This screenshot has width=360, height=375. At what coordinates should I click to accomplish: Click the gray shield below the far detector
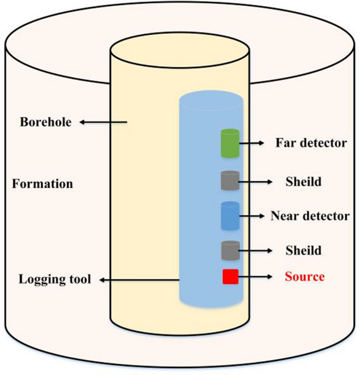pos(230,181)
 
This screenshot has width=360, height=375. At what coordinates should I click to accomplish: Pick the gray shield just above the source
pos(230,249)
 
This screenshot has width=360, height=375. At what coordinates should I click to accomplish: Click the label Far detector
pos(311,143)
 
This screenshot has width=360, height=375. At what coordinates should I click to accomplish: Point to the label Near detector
pos(310,215)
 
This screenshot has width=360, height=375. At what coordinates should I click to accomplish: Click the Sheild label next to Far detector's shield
pos(303,182)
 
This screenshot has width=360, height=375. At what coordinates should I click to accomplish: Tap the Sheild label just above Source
pos(303,250)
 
